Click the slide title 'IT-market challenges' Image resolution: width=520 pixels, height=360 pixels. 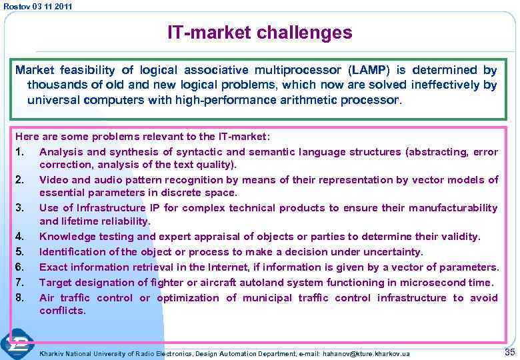tap(259, 32)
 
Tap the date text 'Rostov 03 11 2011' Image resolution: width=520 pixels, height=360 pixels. tap(37, 6)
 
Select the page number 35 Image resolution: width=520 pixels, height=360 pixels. tap(510, 351)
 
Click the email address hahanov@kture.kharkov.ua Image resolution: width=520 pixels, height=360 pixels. tap(366, 353)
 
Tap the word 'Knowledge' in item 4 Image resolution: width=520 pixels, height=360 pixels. tap(65, 237)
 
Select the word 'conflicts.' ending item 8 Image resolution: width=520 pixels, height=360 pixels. tap(63, 311)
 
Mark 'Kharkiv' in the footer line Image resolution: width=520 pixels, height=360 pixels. tap(53, 353)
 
